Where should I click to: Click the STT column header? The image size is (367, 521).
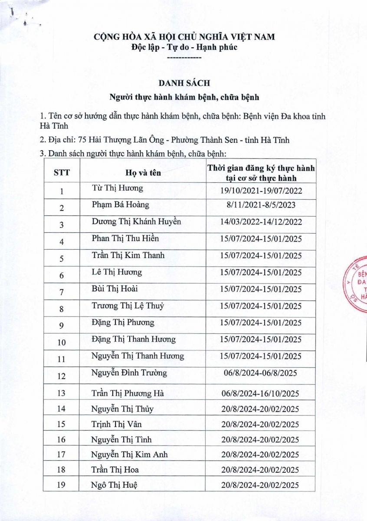tap(61, 173)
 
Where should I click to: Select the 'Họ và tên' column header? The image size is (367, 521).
tap(143, 173)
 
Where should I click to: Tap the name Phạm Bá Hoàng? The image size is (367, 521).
tap(121, 204)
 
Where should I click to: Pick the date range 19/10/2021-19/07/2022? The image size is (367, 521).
tap(261, 191)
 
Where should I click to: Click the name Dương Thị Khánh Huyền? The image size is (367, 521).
tap(136, 221)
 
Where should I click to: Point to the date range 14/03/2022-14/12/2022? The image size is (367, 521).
tap(261, 222)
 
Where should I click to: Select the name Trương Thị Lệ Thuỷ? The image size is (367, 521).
tap(128, 306)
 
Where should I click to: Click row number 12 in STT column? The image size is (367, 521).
tap(62, 375)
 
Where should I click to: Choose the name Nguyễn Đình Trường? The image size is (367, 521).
tap(129, 373)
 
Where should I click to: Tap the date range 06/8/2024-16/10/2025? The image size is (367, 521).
tap(260, 394)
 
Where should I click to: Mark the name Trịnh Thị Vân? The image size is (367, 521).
tap(117, 424)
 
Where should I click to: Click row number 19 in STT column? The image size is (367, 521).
tap(61, 485)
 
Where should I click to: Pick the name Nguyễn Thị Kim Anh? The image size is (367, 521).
tap(130, 455)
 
